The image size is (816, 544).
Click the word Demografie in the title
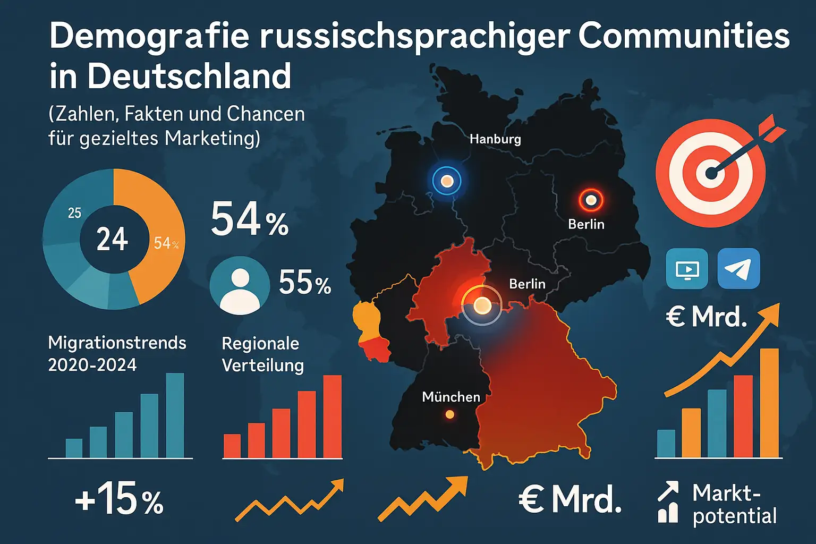coord(149,36)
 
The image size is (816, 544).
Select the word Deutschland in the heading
coord(189,76)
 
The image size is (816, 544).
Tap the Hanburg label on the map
coord(495,139)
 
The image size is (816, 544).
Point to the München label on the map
coord(451,397)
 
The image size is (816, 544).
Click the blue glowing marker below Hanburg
coord(447,181)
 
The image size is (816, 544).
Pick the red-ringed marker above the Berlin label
coord(591,201)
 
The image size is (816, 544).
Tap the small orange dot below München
coord(450,414)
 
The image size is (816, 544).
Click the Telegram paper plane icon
coord(738,269)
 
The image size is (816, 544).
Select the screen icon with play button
coord(687,269)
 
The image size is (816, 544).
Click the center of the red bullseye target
coord(710,173)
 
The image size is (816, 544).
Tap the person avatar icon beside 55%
coord(240,286)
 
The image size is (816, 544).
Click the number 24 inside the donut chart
coord(112,240)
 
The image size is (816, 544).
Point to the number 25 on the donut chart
coord(74,213)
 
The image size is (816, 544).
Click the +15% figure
coord(120,499)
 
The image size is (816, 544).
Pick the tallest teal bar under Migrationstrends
coord(175,415)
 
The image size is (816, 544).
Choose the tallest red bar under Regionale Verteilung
coord(333,416)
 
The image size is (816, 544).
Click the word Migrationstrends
coord(117,343)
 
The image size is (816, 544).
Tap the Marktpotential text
coord(734,505)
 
